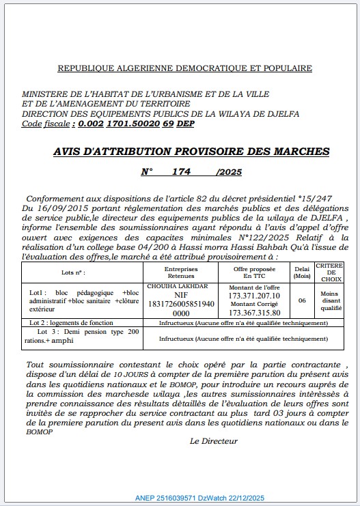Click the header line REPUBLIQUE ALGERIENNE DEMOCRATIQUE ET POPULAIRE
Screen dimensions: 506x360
coord(184,68)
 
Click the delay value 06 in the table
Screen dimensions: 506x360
coord(302,299)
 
